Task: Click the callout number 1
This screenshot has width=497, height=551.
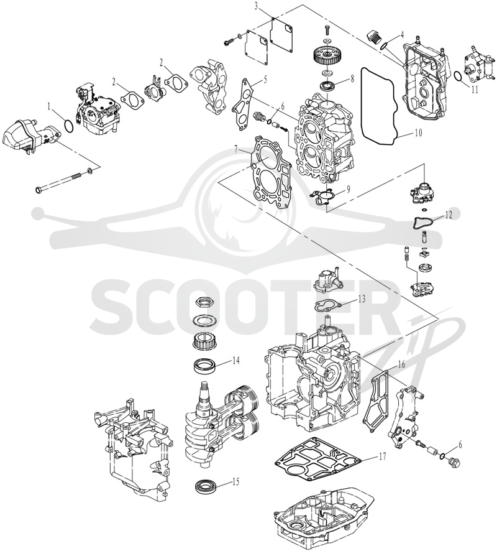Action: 50,105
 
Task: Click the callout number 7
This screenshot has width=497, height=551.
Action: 237,150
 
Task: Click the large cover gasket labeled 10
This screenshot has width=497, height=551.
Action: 363,106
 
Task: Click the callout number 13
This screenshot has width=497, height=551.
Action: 362,299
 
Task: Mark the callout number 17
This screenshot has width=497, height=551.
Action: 382,456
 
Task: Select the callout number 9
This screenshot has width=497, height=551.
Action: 348,188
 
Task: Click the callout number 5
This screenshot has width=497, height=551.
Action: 266,79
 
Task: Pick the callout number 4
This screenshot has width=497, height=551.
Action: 402,34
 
